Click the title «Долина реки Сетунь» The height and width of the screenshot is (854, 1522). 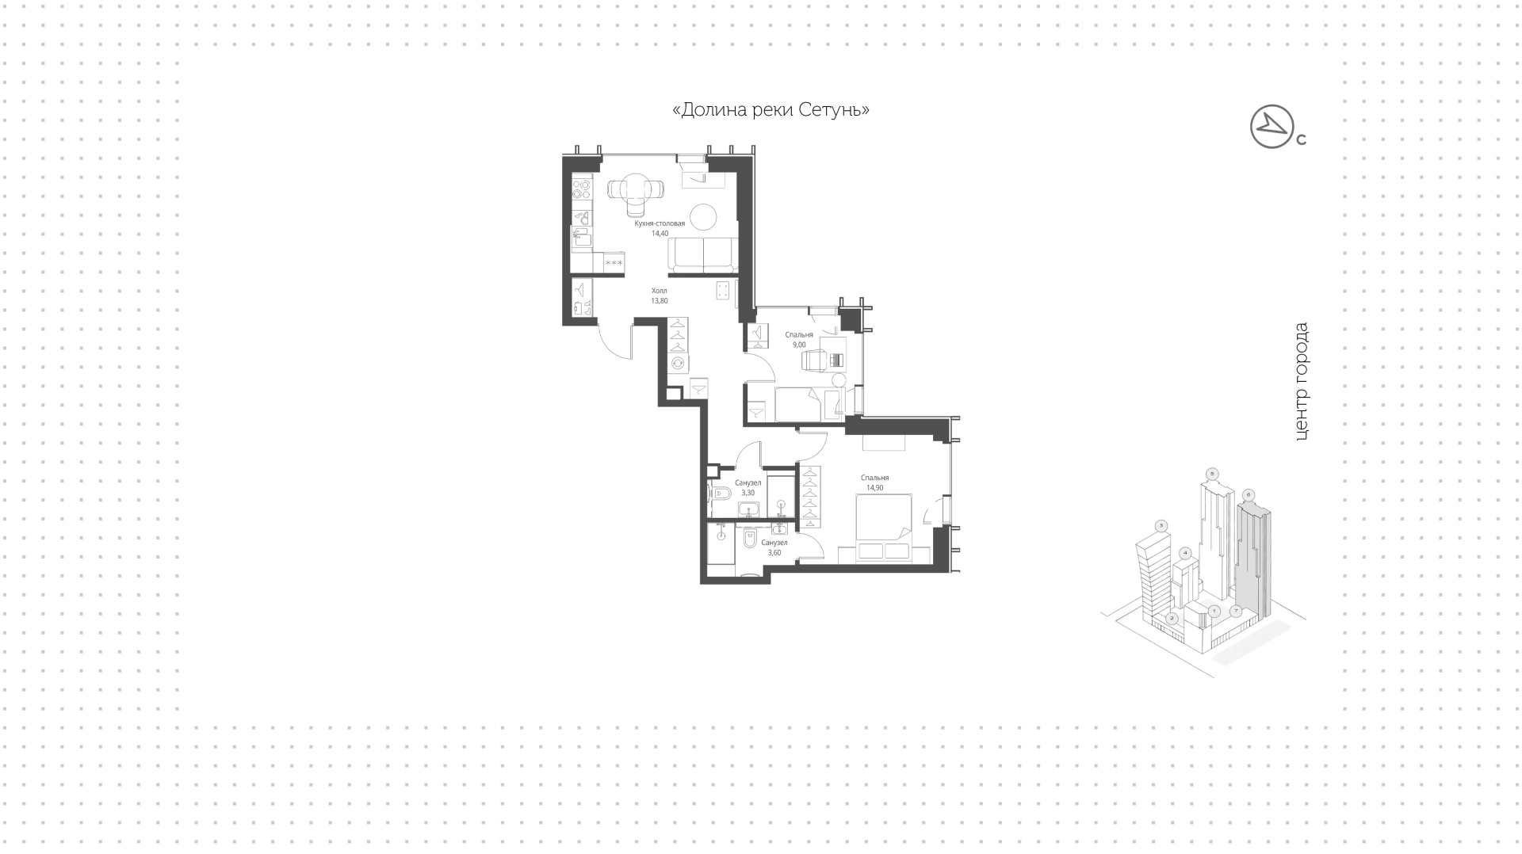pos(771,110)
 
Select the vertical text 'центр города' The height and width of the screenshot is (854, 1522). pos(1301,381)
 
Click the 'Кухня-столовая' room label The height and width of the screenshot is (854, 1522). pos(660,223)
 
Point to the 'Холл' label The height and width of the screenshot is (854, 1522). pos(660,291)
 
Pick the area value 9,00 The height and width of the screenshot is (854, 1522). pos(799,345)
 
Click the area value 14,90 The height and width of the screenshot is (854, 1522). pos(874,488)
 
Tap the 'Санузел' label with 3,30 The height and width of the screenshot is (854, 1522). pos(748,482)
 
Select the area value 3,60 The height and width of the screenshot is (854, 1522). pos(774,553)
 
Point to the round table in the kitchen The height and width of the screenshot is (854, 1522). pos(703,217)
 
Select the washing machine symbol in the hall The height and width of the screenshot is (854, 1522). pos(679,364)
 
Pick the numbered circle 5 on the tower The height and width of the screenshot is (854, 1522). pos(1211,474)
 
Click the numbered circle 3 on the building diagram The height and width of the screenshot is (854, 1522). pos(1161,525)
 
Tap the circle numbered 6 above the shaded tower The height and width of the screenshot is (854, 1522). pos(1249,495)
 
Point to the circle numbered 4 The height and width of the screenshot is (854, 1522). pos(1185,552)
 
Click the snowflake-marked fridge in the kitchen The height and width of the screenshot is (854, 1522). pos(614,263)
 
